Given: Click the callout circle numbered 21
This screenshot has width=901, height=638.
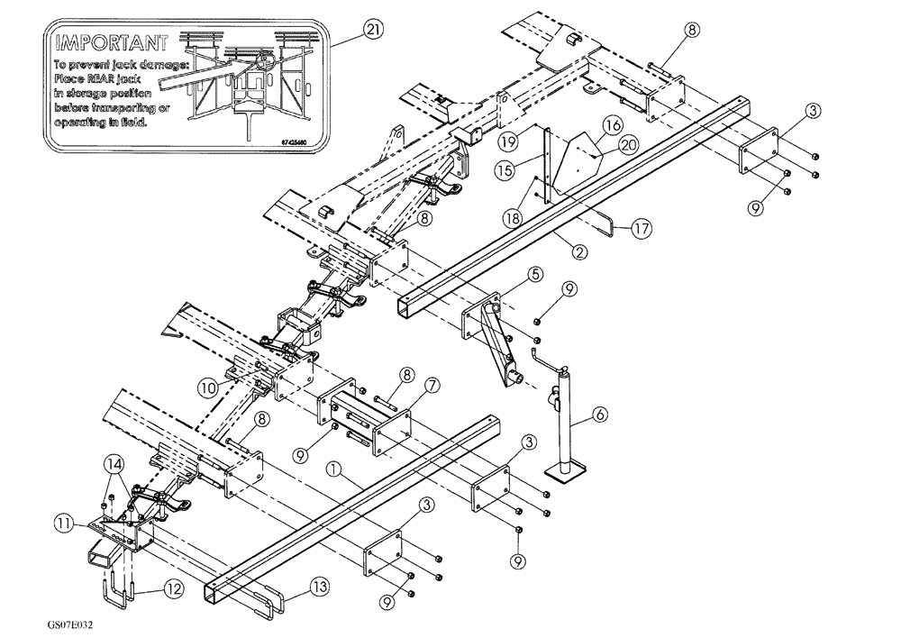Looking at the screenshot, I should (x=372, y=29).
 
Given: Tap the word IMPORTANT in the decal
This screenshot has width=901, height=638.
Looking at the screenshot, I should (x=110, y=42).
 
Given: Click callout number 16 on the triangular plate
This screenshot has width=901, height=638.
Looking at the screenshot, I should (x=613, y=123).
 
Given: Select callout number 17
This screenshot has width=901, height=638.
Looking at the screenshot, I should (x=642, y=230).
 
